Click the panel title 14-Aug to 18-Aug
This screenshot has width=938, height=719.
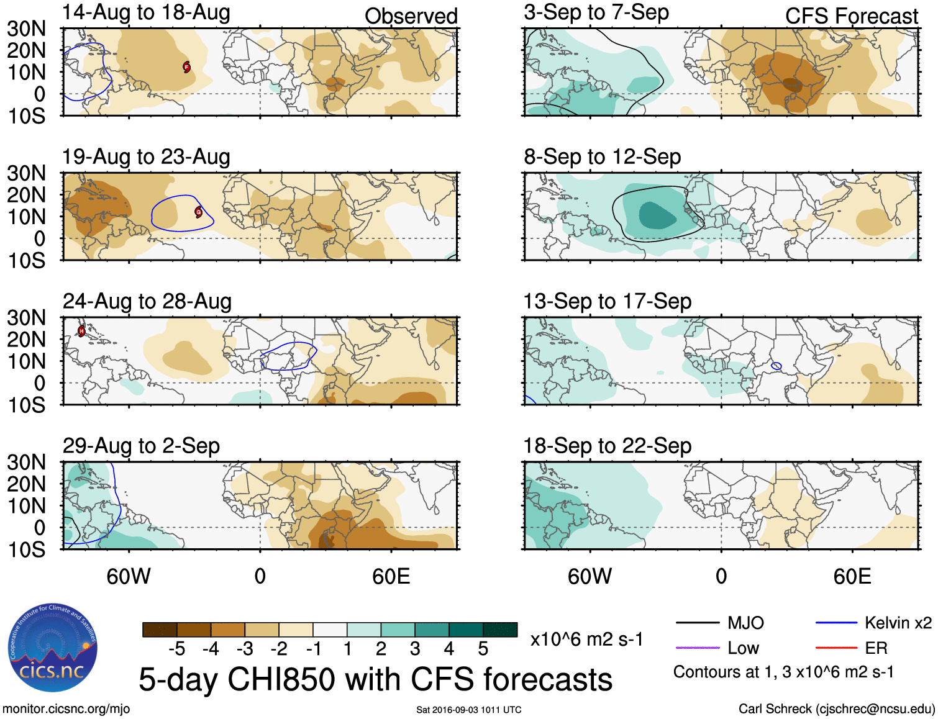click(146, 13)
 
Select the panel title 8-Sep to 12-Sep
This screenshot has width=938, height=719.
click(602, 157)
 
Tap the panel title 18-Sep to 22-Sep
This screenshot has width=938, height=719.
click(607, 446)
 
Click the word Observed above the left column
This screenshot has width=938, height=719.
click(411, 16)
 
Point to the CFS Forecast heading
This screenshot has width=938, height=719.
click(851, 16)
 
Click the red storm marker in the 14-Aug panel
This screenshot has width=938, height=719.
click(186, 67)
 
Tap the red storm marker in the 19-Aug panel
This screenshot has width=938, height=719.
click(199, 212)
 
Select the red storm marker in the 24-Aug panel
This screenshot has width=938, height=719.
click(81, 331)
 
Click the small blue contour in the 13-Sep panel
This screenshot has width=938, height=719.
click(776, 366)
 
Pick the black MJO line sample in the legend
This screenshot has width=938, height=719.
click(697, 623)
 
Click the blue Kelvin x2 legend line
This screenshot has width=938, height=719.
click(836, 623)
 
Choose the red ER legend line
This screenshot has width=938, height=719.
click(836, 648)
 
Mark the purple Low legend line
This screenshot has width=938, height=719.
click(697, 648)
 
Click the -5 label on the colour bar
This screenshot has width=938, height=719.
click(176, 649)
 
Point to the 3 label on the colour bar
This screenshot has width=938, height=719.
click(415, 649)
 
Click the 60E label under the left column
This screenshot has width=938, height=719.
click(391, 576)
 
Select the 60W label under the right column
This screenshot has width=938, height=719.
click(590, 576)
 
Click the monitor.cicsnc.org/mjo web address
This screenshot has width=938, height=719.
click(66, 709)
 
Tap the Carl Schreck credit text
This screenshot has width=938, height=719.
click(836, 709)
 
